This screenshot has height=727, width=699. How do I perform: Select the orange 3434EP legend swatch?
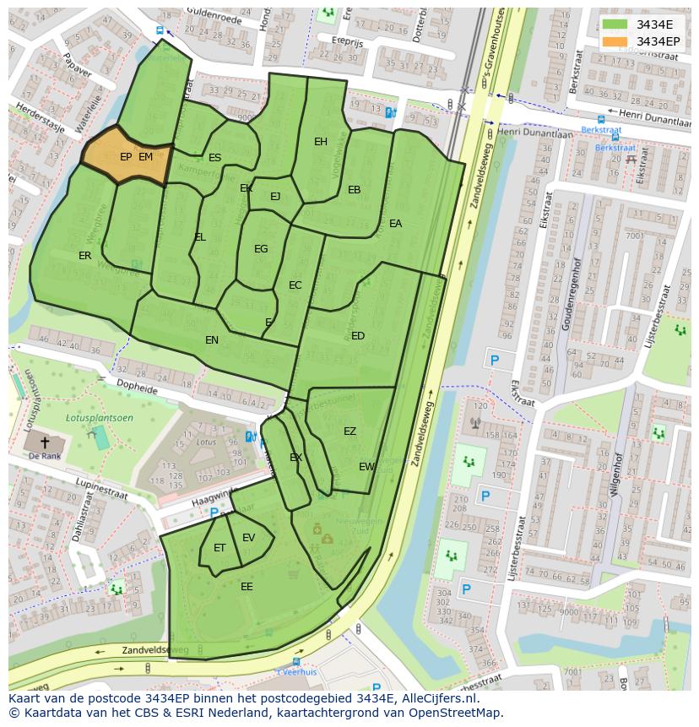click(615, 41)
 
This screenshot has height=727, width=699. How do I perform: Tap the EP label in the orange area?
click(126, 157)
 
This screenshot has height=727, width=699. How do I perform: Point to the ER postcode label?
click(85, 256)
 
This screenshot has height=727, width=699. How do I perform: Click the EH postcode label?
click(321, 142)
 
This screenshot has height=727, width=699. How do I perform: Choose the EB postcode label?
click(355, 190)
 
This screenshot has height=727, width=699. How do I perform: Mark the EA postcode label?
click(395, 224)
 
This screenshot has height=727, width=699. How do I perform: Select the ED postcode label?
click(358, 336)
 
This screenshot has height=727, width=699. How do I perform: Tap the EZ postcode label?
click(349, 431)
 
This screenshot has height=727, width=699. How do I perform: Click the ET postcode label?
click(219, 548)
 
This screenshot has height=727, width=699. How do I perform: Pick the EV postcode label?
click(248, 538)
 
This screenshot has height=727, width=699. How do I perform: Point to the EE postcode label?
click(247, 587)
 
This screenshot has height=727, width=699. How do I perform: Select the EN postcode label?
click(212, 340)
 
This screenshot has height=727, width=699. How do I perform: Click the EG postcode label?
click(261, 249)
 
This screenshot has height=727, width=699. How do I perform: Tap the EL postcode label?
click(200, 237)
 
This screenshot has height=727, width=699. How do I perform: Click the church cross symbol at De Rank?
click(45, 442)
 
